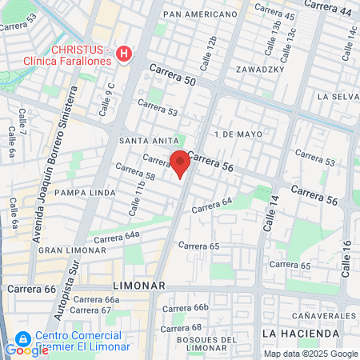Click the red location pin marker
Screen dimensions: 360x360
point(180,162)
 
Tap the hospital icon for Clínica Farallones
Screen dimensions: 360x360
point(123,54)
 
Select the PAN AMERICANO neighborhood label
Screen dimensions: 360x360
point(200,14)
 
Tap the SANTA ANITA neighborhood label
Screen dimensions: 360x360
point(143,140)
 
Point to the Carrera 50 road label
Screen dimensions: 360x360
point(171,74)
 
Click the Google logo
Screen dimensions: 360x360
point(26,350)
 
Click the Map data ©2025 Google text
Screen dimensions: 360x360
point(311,354)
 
